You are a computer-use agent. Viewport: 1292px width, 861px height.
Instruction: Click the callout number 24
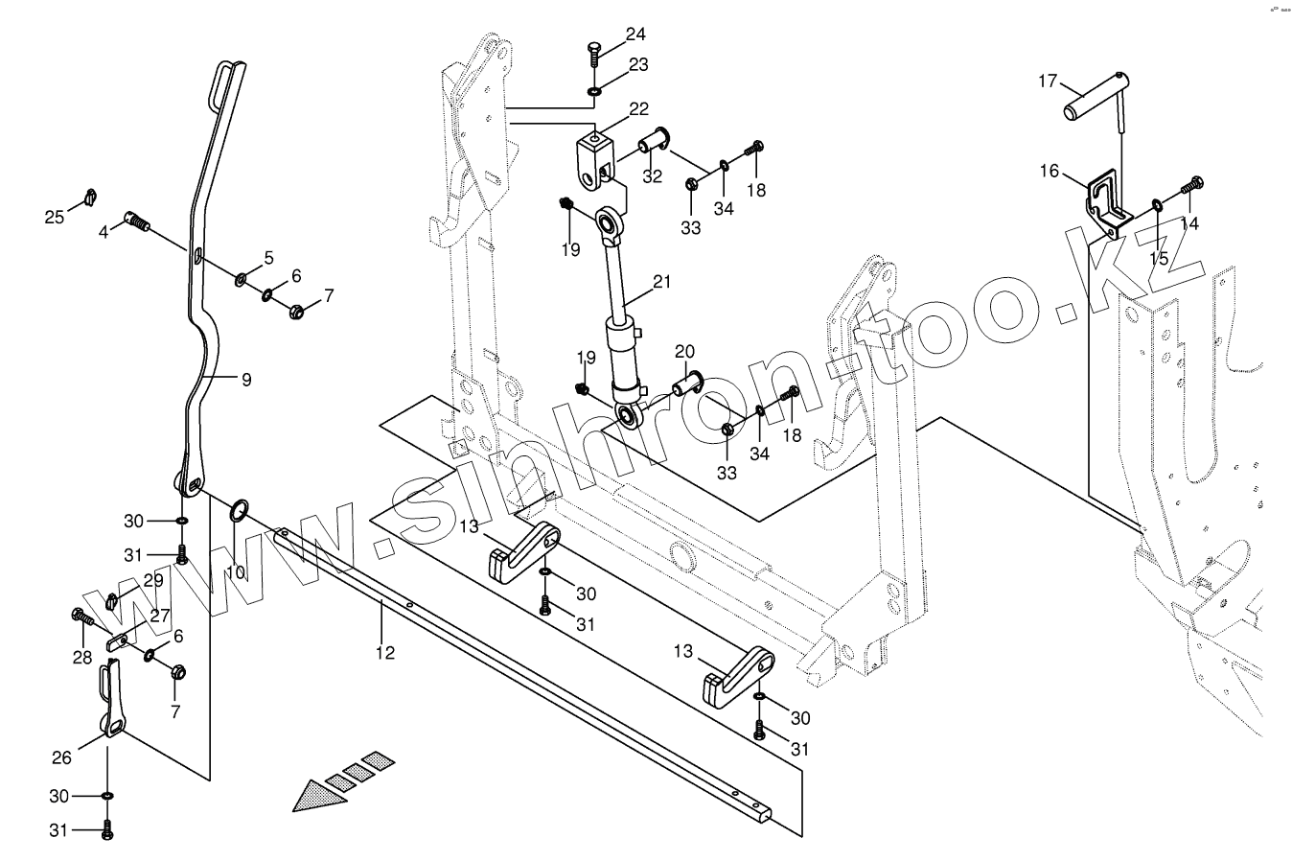click(x=636, y=35)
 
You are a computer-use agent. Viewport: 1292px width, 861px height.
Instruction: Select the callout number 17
click(x=1048, y=81)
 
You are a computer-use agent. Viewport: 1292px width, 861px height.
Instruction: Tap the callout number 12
click(x=384, y=652)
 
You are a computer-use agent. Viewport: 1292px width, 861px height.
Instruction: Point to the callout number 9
click(x=246, y=380)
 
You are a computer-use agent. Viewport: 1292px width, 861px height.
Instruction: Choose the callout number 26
click(x=61, y=758)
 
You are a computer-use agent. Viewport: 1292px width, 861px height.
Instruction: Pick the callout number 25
click(x=55, y=217)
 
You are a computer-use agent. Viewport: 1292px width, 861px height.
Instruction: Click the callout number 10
click(x=235, y=572)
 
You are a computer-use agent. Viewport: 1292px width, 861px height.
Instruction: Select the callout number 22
click(x=638, y=109)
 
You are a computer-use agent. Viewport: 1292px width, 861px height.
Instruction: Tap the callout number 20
click(x=683, y=350)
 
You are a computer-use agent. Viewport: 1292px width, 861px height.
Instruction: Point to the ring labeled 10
click(x=240, y=509)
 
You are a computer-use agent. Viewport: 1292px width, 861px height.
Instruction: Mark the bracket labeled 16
click(x=1109, y=202)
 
